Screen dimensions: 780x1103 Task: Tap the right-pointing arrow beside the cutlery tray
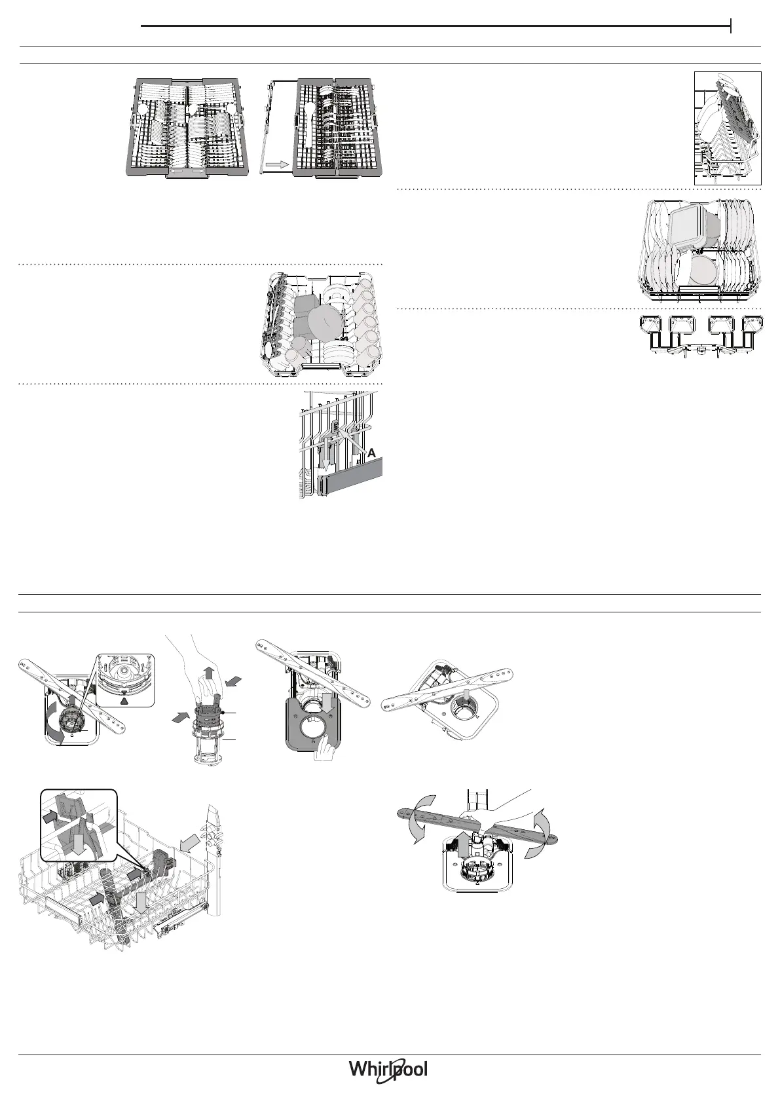[277, 166]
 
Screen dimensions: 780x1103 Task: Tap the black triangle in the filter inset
[125, 700]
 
